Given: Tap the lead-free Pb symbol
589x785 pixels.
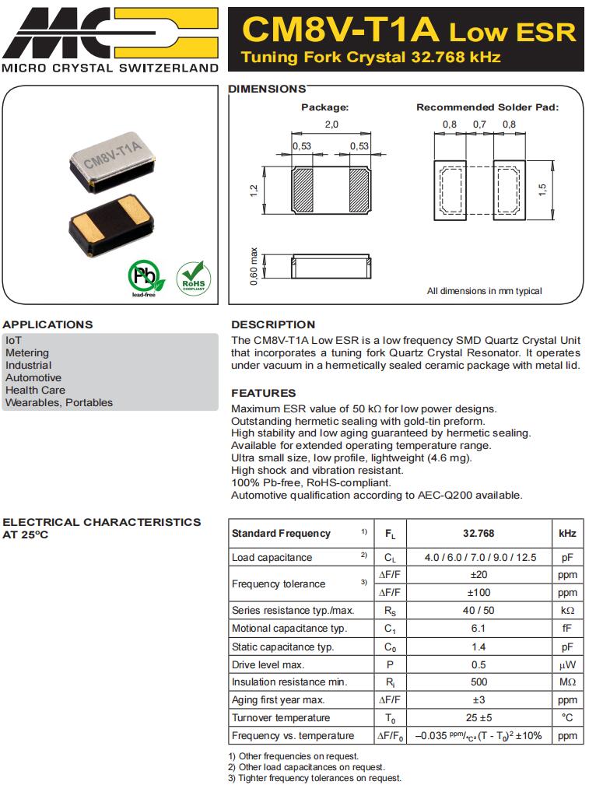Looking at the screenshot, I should click(145, 277).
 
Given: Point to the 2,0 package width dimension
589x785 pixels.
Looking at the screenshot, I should click(331, 124).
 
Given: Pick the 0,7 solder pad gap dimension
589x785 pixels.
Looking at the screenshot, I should click(479, 124).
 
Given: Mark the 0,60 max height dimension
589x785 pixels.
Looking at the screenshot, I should click(254, 266).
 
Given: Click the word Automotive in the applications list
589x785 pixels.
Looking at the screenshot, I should click(33, 377).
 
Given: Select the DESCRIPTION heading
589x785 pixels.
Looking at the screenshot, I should click(273, 324).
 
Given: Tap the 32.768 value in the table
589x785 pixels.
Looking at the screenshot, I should click(479, 534).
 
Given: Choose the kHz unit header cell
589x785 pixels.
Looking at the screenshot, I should click(567, 534).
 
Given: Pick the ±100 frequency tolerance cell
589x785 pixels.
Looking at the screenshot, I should click(479, 592).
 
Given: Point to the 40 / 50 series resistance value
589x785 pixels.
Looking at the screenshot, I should click(479, 610).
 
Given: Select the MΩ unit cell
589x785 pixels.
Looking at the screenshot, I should click(567, 682).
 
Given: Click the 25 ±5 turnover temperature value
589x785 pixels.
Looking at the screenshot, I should click(479, 717).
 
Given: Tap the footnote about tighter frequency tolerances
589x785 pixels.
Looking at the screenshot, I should click(315, 778).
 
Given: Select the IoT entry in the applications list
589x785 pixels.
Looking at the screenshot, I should click(13, 340).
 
